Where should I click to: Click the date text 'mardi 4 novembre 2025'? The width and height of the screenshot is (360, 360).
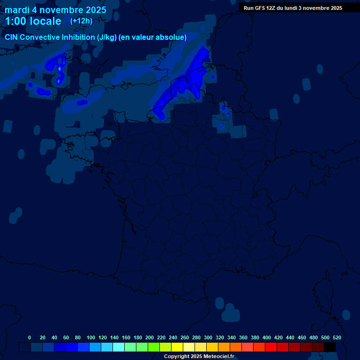(55, 10)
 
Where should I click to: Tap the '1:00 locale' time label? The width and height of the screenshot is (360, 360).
(33, 21)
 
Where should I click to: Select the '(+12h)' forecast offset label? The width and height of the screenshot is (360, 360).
(81, 21)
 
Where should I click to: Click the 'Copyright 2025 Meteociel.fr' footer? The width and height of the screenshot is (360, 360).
(199, 357)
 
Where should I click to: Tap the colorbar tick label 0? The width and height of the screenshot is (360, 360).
(30, 337)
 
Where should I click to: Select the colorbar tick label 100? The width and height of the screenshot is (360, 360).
(90, 337)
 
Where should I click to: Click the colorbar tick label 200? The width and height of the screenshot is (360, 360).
(150, 337)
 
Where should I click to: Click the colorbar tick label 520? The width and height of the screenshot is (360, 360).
(337, 337)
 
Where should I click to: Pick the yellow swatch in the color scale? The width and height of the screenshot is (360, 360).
(177, 347)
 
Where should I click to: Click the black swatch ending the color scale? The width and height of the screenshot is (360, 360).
(330, 347)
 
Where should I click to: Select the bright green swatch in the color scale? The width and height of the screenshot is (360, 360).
(154, 347)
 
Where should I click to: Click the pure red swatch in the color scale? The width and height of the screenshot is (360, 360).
(271, 347)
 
